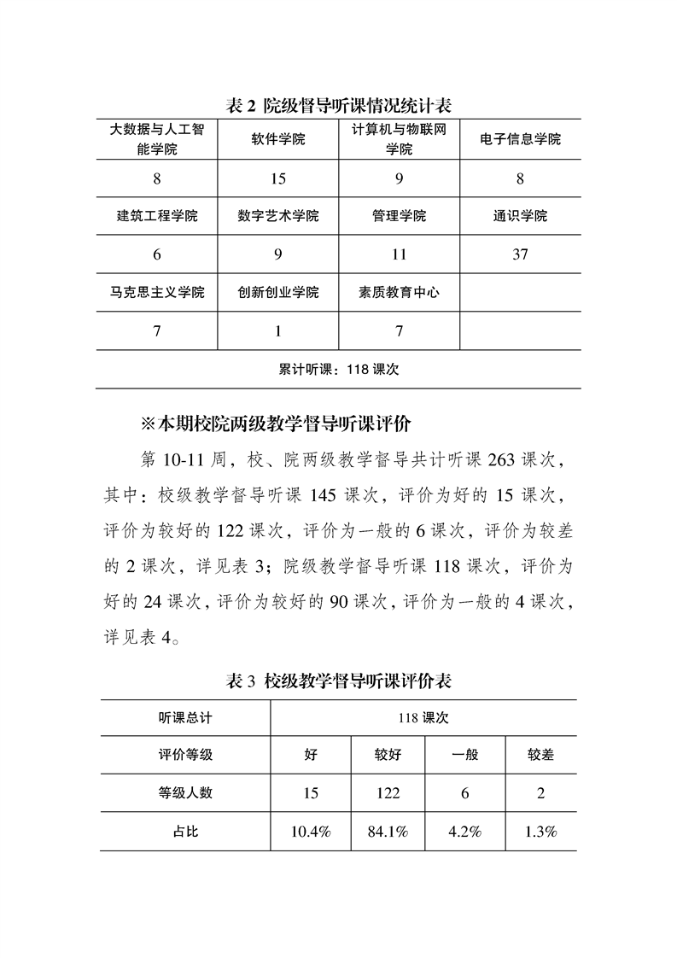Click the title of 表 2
[337, 106]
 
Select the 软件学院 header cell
[278, 139]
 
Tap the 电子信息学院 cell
[521, 139]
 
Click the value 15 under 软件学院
[278, 179]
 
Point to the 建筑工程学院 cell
[157, 216]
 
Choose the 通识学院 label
[521, 216]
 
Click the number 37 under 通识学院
[521, 254]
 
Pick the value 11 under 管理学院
[399, 254]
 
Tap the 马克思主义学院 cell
[157, 292]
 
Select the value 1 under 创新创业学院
[278, 331]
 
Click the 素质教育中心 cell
[399, 292]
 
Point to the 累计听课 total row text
[339, 370]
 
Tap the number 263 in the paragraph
[505, 461]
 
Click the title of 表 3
[337, 681]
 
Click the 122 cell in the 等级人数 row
[388, 793]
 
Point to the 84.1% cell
[388, 831]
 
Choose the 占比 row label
[185, 831]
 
